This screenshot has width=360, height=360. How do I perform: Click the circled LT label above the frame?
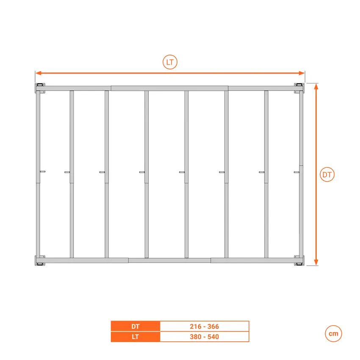[170, 62]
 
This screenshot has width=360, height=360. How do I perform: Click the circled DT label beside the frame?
[327, 174]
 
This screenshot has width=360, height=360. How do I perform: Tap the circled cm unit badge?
[333, 334]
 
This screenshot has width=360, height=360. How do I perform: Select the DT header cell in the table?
[136, 326]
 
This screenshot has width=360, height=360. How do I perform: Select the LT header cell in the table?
[136, 337]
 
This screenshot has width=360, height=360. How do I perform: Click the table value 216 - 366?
[204, 326]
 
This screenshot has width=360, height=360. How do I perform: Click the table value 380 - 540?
[204, 337]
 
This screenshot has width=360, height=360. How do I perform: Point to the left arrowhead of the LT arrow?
[39, 73]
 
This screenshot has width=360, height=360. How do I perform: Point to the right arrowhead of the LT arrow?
[302, 73]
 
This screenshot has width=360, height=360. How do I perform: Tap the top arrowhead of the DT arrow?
[316, 86]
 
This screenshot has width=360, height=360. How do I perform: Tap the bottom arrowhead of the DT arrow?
[316, 263]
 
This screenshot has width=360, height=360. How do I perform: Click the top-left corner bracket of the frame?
[40, 88]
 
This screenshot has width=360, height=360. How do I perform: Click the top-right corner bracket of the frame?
[299, 88]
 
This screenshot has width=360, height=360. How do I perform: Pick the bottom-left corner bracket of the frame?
[40, 260]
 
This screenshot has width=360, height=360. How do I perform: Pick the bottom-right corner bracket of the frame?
[299, 260]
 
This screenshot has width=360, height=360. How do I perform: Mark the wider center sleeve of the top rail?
[169, 88]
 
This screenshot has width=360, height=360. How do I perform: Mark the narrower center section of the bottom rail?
[169, 260]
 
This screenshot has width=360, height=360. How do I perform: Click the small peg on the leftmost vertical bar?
[42, 172]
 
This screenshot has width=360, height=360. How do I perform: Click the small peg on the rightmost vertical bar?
[296, 172]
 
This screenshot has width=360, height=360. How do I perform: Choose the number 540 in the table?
[213, 337]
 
